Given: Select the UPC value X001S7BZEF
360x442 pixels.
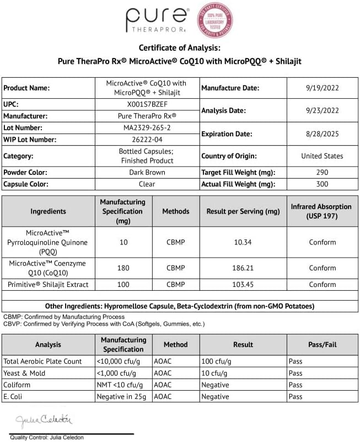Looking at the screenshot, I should (146, 104).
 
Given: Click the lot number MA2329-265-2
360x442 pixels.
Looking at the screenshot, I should (146, 128).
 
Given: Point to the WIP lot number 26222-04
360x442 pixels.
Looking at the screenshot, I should (146, 140).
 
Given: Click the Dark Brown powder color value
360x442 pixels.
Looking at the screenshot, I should (146, 173).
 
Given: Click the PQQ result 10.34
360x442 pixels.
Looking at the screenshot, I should (242, 242).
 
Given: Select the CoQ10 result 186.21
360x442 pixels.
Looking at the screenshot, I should (242, 268).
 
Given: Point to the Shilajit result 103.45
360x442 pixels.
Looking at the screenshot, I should (242, 285).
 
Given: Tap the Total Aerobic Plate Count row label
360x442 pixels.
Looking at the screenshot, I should (43, 361).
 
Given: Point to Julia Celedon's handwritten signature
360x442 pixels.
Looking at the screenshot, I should (44, 420).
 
